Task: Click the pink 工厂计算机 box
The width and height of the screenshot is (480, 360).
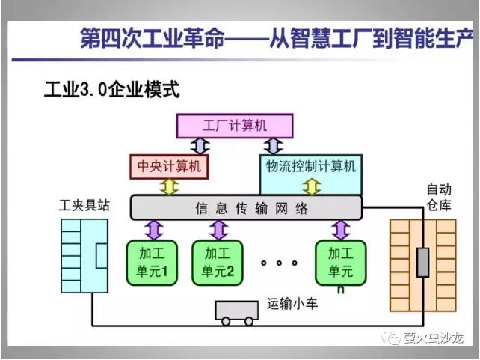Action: (235, 126)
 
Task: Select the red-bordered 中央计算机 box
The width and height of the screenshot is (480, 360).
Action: (169, 167)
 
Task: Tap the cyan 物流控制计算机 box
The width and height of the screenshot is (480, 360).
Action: (311, 174)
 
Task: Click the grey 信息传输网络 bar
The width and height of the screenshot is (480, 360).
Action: (247, 208)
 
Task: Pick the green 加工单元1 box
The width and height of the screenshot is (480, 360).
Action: (152, 263)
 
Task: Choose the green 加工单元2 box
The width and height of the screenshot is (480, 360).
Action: (218, 263)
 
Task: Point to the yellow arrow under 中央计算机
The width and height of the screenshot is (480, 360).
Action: (169, 187)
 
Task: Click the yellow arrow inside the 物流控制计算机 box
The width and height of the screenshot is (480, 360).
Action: (312, 186)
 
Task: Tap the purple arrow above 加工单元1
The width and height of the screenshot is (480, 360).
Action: (154, 230)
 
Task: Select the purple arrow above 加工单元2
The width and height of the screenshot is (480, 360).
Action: (219, 230)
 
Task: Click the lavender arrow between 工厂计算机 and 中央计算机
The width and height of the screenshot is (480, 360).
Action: (200, 146)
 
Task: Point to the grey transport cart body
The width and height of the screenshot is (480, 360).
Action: (236, 311)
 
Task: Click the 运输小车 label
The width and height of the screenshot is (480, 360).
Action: (292, 304)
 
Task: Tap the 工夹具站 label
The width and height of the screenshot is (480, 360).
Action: (84, 205)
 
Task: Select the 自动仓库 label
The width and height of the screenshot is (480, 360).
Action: (439, 198)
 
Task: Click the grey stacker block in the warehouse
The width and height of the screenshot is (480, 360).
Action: (422, 263)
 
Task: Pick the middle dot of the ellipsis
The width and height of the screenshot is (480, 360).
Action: (279, 263)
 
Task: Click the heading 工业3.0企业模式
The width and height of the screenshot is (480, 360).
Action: (111, 90)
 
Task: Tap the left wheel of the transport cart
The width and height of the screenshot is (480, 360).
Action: (226, 321)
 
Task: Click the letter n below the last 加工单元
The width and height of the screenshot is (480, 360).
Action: (340, 290)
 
